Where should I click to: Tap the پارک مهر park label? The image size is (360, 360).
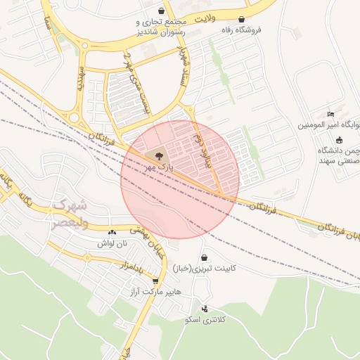click(161, 168)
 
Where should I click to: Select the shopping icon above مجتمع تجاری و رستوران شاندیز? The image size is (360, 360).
click(162, 11)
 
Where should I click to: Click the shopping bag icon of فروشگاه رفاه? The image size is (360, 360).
click(243, 19)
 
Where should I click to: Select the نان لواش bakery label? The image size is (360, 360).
click(114, 243)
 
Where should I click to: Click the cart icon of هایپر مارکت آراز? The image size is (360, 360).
click(155, 281)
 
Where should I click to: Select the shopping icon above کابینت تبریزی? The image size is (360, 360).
click(204, 258)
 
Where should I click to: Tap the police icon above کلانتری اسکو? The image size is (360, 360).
click(205, 309)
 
